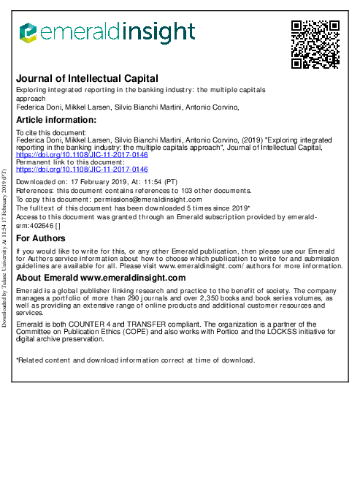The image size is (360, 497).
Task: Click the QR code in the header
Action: (x=315, y=45)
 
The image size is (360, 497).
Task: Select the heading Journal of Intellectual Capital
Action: (x=87, y=79)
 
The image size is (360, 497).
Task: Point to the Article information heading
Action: (x=56, y=120)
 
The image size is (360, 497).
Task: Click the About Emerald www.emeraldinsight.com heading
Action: (x=101, y=278)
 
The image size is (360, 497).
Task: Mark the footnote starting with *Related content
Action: (x=135, y=360)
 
